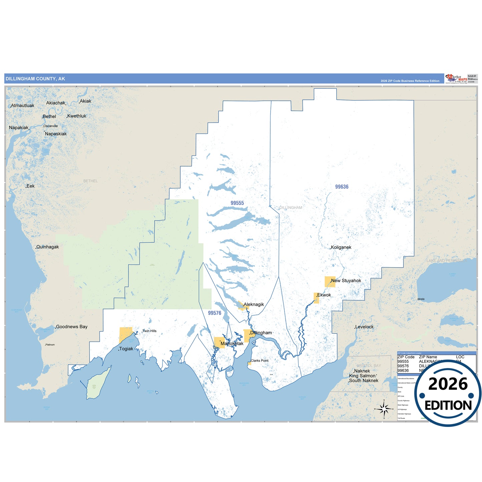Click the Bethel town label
pyautogui.click(x=49, y=116)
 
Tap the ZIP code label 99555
pyautogui.click(x=237, y=203)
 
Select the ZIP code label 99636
pyautogui.click(x=342, y=187)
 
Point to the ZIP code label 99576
pyautogui.click(x=214, y=313)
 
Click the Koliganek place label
pyautogui.click(x=341, y=247)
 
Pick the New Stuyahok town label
pyautogui.click(x=346, y=281)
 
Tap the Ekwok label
pyautogui.click(x=324, y=295)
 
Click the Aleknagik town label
pyautogui.click(x=254, y=304)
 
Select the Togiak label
pyautogui.click(x=126, y=349)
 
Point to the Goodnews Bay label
pyautogui.click(x=71, y=327)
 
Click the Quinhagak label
pyautogui.click(x=47, y=247)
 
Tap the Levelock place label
pyautogui.click(x=364, y=327)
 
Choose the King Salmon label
pyautogui.click(x=362, y=376)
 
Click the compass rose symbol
pyautogui.click(x=384, y=409)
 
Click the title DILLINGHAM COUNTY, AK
pyautogui.click(x=35, y=79)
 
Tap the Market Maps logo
pyautogui.click(x=456, y=79)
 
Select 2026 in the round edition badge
pyautogui.click(x=448, y=384)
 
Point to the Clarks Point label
pyautogui.click(x=260, y=361)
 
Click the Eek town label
pyautogui.click(x=30, y=186)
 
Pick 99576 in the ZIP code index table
pyautogui.click(x=403, y=366)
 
